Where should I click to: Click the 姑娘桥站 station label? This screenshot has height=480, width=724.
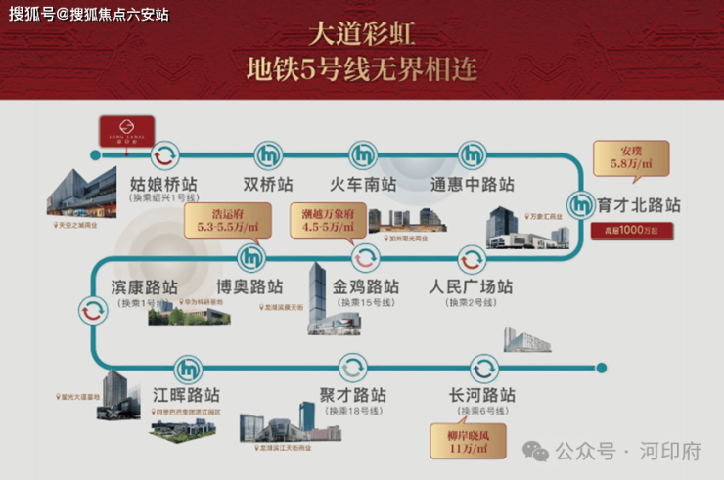click(x=164, y=183)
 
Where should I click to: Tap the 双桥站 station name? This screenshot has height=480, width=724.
click(x=268, y=183)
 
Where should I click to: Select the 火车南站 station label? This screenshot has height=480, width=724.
click(x=363, y=183)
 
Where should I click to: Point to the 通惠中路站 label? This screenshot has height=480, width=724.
click(x=473, y=183)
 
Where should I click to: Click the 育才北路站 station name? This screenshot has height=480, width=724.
click(x=639, y=206)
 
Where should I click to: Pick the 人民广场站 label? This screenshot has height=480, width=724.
click(x=471, y=287)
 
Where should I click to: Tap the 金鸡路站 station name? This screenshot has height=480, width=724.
click(x=366, y=287)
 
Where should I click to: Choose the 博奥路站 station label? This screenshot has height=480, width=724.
click(x=249, y=287)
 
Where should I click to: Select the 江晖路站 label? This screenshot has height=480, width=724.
click(x=186, y=396)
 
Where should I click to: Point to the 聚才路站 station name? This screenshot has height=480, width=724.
click(x=352, y=396)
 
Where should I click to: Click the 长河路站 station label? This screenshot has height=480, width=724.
click(x=481, y=396)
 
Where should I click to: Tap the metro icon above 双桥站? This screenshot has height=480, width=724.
click(x=268, y=153)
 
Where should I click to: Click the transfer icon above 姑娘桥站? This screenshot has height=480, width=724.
click(x=164, y=153)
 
